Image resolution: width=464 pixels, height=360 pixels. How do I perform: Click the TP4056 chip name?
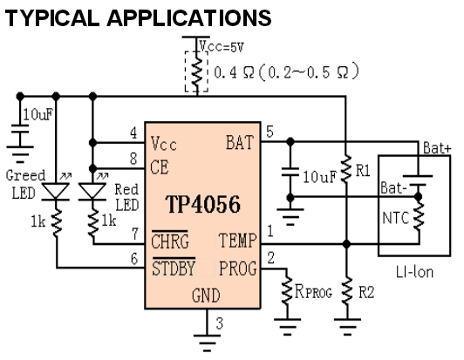click(202, 204)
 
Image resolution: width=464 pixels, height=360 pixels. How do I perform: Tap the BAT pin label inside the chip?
click(240, 143)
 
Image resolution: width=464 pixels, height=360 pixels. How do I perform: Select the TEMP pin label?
click(237, 241)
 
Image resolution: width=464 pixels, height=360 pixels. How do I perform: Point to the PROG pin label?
click(237, 268)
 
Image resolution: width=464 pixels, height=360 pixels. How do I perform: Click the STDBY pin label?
click(174, 268)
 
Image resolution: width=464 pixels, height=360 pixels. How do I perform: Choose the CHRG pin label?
click(169, 241)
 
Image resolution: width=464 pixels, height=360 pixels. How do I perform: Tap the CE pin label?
click(160, 167)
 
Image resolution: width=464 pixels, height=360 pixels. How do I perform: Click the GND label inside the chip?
click(206, 295)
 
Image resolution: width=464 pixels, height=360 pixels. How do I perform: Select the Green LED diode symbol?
click(56, 192)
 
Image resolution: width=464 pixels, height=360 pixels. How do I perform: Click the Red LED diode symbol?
click(92, 192)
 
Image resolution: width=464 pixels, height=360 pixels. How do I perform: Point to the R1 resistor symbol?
click(346, 169)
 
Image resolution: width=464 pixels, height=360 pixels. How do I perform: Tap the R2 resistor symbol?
click(347, 291)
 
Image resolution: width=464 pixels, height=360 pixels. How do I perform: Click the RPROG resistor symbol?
click(287, 291)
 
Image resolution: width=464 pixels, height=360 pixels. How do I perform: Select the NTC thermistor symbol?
click(419, 216)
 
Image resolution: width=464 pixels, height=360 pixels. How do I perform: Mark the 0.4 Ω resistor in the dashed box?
click(197, 71)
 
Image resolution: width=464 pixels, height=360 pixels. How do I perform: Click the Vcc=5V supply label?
click(222, 47)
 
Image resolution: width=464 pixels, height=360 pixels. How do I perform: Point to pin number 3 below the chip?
click(219, 323)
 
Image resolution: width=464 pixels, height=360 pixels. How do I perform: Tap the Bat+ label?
click(437, 147)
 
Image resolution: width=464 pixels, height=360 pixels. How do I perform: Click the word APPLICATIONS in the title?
click(189, 18)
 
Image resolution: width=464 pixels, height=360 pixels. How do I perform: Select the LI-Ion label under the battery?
click(414, 272)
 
